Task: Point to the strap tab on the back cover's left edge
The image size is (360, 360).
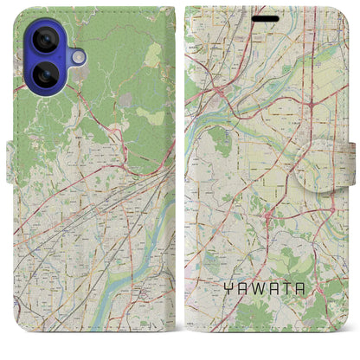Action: (x=11, y=162)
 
